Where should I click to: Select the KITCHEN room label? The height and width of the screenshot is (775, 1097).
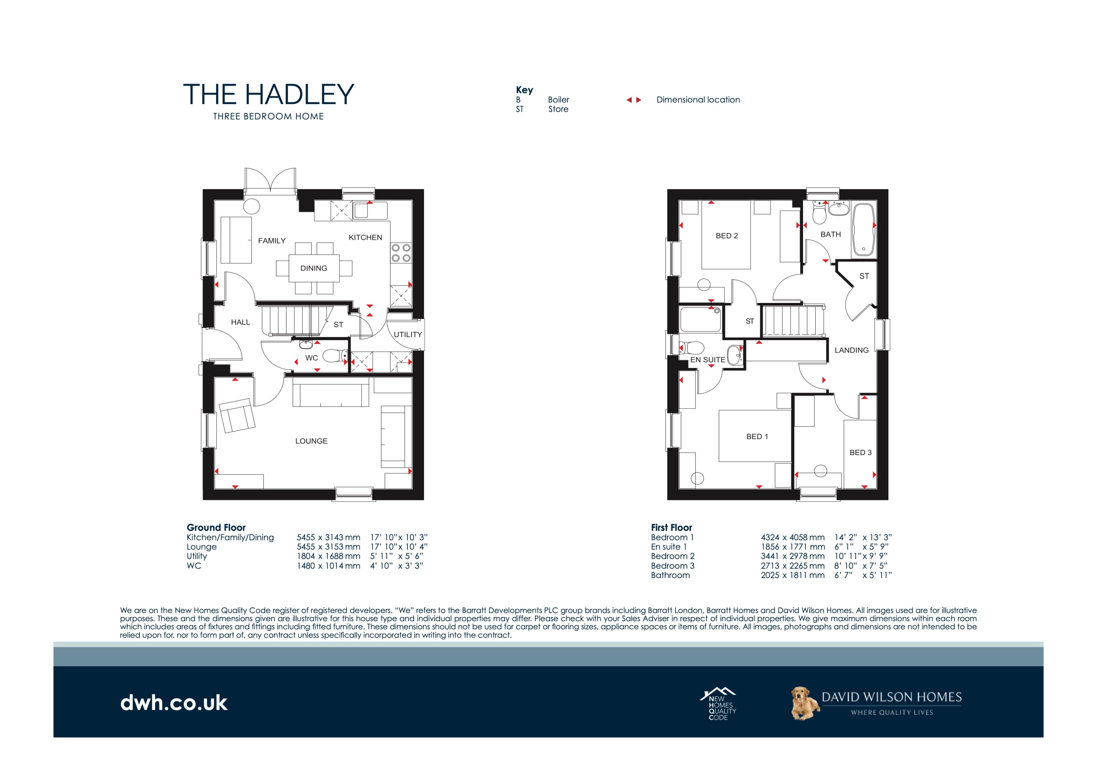point(365,237)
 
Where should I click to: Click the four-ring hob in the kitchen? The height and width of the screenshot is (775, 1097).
point(400,252)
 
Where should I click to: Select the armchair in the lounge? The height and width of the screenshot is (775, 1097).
point(237,415)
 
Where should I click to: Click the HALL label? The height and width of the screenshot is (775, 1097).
point(240,322)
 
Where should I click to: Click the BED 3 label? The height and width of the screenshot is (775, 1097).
point(860,453)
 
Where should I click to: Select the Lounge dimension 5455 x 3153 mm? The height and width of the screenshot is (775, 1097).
point(328,547)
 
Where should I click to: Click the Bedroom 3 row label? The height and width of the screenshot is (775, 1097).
point(672,566)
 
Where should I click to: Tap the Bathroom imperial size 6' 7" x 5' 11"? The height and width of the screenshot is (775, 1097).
point(863,575)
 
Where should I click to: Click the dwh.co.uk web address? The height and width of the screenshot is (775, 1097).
point(174,703)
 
